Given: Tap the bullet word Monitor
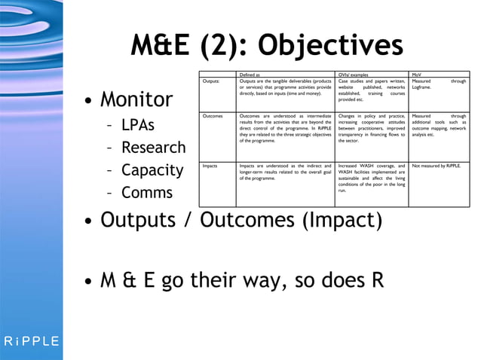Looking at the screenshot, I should coord(136,99).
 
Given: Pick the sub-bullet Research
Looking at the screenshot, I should coord(153,147).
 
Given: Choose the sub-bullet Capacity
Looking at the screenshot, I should coord(152,169).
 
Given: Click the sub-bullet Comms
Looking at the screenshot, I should coord(147,192).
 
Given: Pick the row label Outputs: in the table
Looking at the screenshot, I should coord(211,81).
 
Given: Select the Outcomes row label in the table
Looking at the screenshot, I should coord(213,117).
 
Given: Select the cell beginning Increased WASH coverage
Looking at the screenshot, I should coord(372,178).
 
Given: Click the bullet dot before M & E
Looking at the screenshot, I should coord(89,284).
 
